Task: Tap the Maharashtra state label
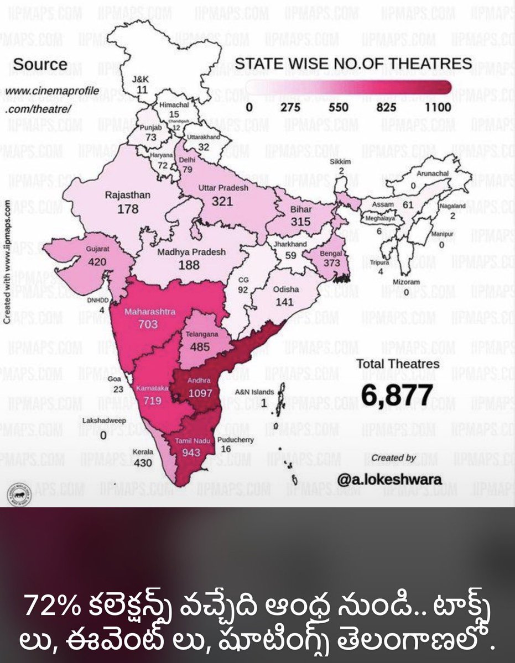click(x=149, y=312)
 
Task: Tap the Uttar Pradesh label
click(x=223, y=188)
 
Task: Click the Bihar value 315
click(x=301, y=221)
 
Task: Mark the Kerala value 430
click(x=143, y=463)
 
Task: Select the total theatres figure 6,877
click(x=397, y=394)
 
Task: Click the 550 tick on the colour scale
click(x=339, y=107)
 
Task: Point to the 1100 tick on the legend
click(x=438, y=107)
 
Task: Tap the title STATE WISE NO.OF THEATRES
click(x=354, y=64)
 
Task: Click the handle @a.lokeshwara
click(x=389, y=479)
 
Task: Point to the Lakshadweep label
click(x=104, y=420)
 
